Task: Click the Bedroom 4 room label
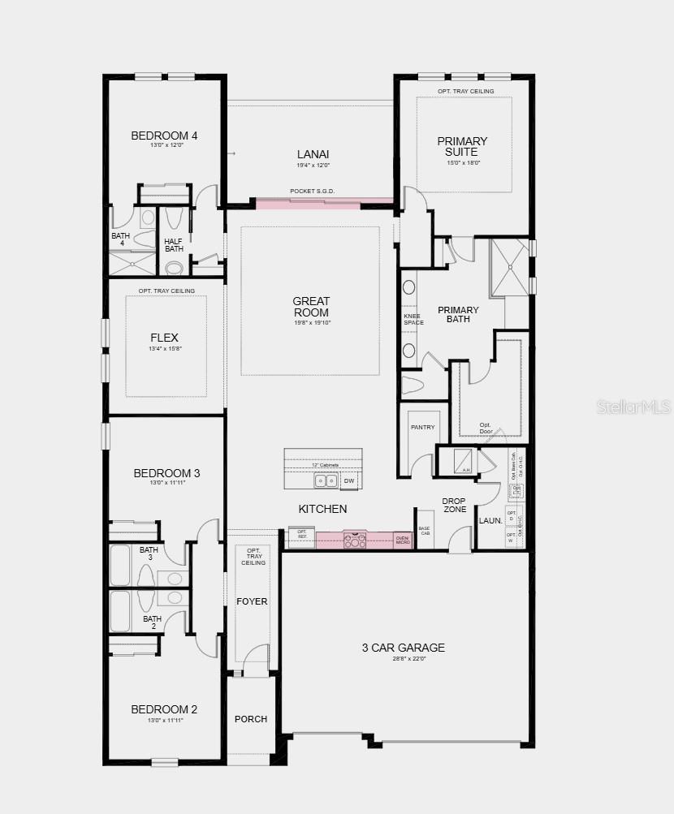[164, 136]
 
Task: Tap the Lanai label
[313, 153]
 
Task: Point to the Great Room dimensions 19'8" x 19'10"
[313, 323]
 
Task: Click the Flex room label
[164, 338]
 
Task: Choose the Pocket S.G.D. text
[313, 192]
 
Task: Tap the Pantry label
[423, 428]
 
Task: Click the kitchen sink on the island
[326, 481]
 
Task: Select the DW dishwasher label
[349, 481]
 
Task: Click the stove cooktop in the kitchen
[355, 541]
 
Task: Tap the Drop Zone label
[454, 506]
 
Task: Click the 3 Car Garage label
[403, 648]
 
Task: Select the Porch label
[251, 719]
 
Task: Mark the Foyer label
[252, 601]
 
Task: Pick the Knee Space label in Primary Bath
[413, 319]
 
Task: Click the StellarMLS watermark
[633, 407]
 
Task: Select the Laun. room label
[490, 521]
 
